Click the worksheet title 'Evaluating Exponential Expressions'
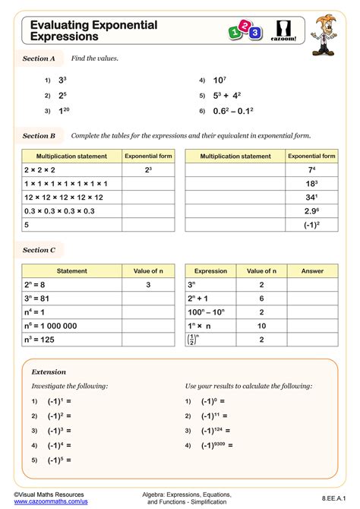pyautogui.click(x=94, y=30)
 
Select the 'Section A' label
pyautogui.click(x=39, y=58)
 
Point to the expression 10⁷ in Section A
pyautogui.click(x=219, y=80)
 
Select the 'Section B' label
pyautogui.click(x=39, y=136)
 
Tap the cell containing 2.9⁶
pyautogui.click(x=311, y=210)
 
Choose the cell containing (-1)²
pyautogui.click(x=311, y=225)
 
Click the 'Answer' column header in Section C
pyautogui.click(x=311, y=270)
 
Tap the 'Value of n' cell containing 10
pyautogui.click(x=261, y=326)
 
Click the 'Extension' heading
pyautogui.click(x=49, y=371)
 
